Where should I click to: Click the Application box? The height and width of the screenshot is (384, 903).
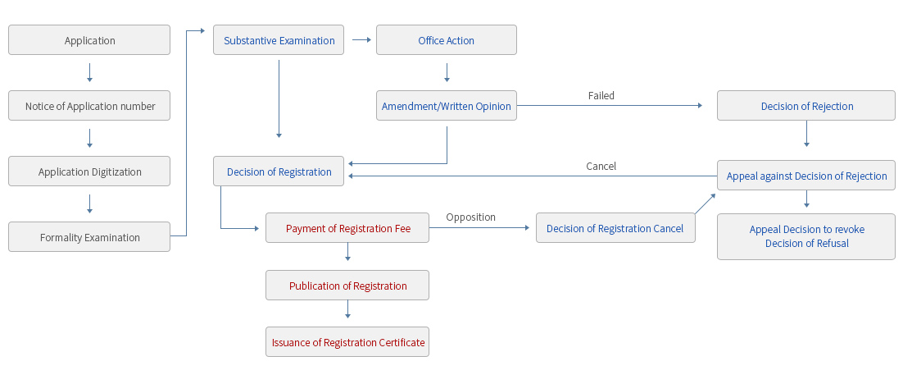pos(89,40)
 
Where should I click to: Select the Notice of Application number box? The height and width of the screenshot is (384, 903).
pos(89,106)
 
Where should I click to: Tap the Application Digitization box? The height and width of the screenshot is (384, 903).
pos(89,171)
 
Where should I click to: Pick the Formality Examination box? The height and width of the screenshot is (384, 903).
pos(89,237)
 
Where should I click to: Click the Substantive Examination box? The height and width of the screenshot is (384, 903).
pos(279,40)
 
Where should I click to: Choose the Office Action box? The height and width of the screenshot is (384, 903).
pos(446,40)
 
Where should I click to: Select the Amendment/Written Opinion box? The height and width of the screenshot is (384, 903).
pos(446,106)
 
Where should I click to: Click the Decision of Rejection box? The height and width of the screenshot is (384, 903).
pos(806,106)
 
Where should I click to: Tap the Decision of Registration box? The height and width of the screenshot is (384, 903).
pos(279,171)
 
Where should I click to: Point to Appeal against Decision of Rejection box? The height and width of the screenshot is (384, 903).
pos(806,176)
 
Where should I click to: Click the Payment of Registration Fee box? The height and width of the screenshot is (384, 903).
pos(347,228)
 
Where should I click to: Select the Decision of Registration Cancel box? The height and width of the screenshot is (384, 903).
pos(615,228)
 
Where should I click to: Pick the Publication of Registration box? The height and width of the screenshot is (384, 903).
pos(347,286)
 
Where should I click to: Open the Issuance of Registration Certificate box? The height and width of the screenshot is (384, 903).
pos(347,342)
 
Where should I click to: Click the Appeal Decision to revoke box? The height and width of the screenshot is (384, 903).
pos(806,236)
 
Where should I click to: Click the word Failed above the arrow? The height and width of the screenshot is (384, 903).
pos(601,95)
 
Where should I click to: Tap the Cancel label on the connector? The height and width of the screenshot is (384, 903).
pos(601,166)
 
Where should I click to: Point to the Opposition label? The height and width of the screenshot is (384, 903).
pos(470,217)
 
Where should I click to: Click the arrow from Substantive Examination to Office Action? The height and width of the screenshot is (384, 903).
pos(360,39)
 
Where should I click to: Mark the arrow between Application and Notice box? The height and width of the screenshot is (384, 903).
pos(89,74)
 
